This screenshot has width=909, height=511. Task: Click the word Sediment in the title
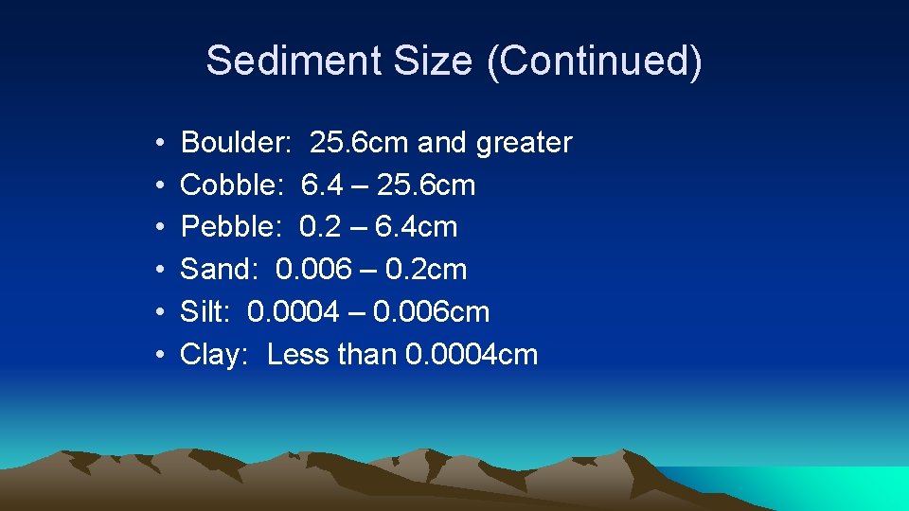point(284,61)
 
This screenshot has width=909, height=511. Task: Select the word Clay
point(215,355)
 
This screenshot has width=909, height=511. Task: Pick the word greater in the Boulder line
point(525,143)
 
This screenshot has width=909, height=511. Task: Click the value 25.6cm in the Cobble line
point(426,185)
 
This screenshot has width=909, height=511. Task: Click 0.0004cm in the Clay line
point(472,355)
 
